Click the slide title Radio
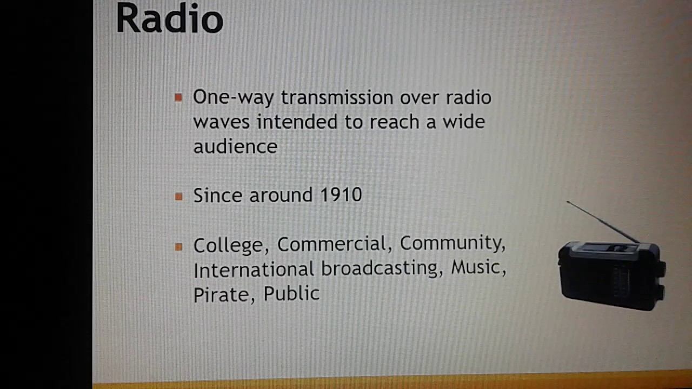pos(169,19)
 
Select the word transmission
pos(337,97)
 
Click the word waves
pos(221,122)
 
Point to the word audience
pos(235,146)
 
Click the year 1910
pos(341,195)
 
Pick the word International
pos(254,269)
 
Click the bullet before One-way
pos(178,98)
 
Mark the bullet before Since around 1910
pos(178,197)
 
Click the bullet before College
pos(178,247)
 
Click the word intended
pos(307,122)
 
